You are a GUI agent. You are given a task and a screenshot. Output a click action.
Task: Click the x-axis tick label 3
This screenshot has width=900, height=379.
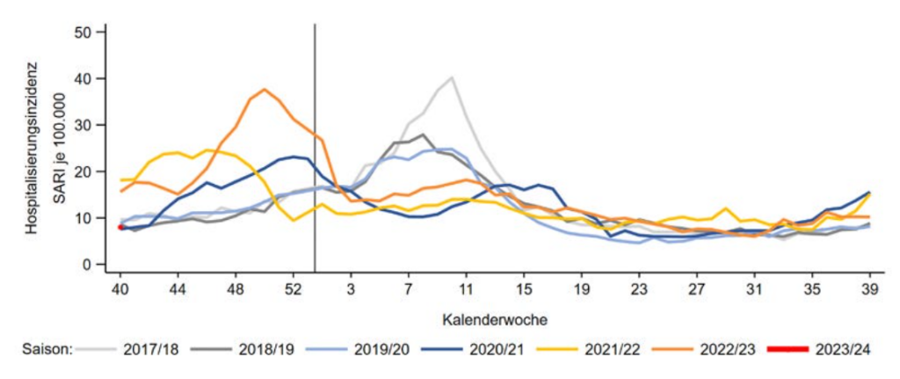coord(351,287)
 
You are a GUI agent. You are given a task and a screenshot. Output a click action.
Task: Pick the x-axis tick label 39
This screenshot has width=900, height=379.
coord(869,287)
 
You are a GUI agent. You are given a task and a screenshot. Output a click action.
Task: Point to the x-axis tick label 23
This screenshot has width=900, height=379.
coord(639,287)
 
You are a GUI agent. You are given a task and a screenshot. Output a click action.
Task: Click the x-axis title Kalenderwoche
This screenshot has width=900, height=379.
coord(495,315)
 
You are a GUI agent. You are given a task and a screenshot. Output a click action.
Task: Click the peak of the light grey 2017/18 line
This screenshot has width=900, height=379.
coord(452,77)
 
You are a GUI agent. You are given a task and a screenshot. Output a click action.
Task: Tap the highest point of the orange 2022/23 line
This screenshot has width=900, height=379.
coord(265,89)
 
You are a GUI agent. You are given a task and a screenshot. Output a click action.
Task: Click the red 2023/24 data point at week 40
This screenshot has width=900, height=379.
coord(120,228)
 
